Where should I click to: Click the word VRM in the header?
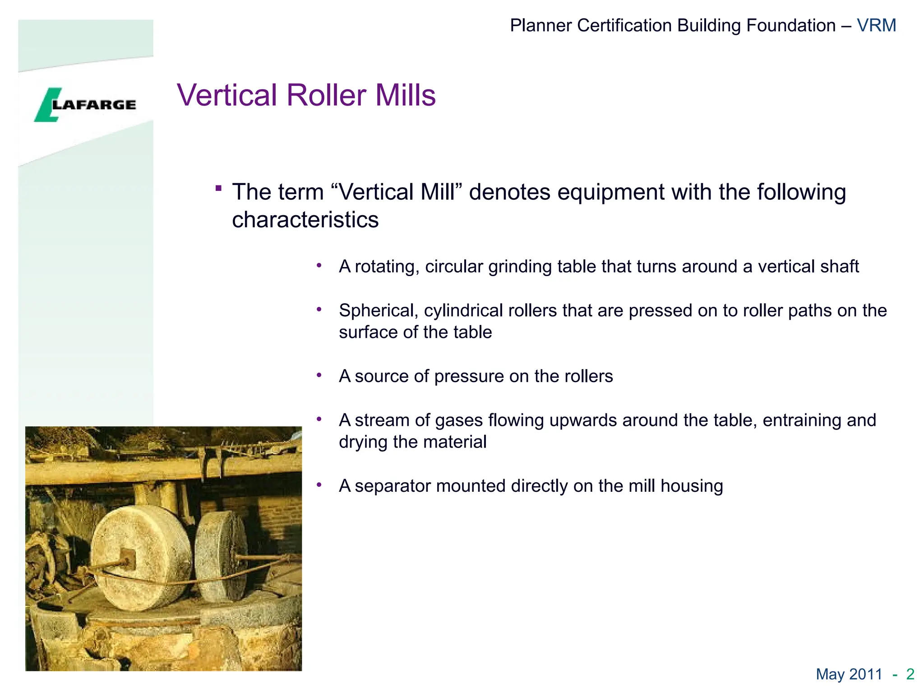[876, 26]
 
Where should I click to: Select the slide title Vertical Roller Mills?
[306, 95]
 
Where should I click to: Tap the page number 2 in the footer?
[910, 674]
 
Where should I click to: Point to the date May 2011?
[849, 674]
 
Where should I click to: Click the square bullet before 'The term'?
[219, 188]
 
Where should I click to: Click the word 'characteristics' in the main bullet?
[305, 220]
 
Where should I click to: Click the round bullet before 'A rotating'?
[319, 265]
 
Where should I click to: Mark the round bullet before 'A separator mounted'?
[319, 485]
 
